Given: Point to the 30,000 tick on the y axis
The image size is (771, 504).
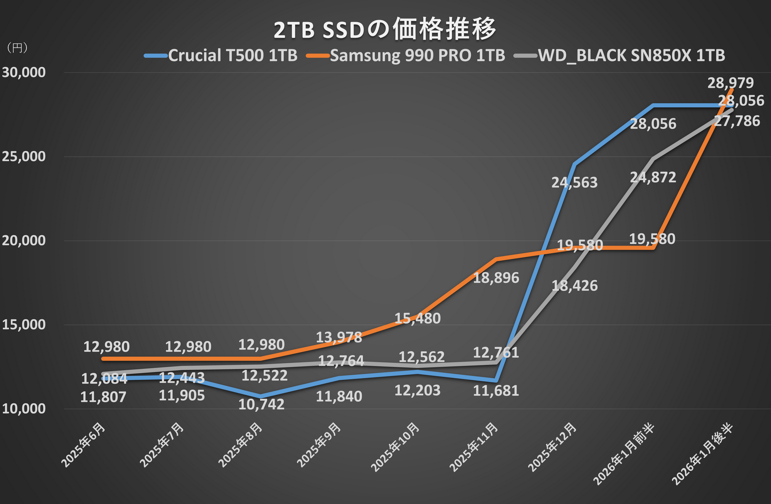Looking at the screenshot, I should click(x=24, y=72).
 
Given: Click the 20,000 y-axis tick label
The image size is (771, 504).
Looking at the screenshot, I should click(x=24, y=241).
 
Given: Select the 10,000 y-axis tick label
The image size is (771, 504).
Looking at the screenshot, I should click(x=24, y=409).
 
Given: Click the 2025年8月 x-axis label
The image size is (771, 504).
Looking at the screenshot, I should click(x=241, y=445).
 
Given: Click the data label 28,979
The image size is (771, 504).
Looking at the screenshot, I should click(x=731, y=83).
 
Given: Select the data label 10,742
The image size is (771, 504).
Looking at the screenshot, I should click(x=261, y=404).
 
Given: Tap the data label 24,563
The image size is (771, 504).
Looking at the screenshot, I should click(x=574, y=182).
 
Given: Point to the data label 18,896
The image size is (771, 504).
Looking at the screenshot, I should click(x=496, y=278).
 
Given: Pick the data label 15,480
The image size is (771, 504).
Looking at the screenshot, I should click(x=417, y=319).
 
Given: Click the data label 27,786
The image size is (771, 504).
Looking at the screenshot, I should click(x=737, y=121).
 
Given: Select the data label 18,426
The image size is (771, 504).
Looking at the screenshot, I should click(x=574, y=286).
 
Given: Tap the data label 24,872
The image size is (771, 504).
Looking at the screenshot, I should click(x=653, y=177).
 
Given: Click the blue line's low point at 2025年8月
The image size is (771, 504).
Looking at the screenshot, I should click(x=261, y=396).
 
